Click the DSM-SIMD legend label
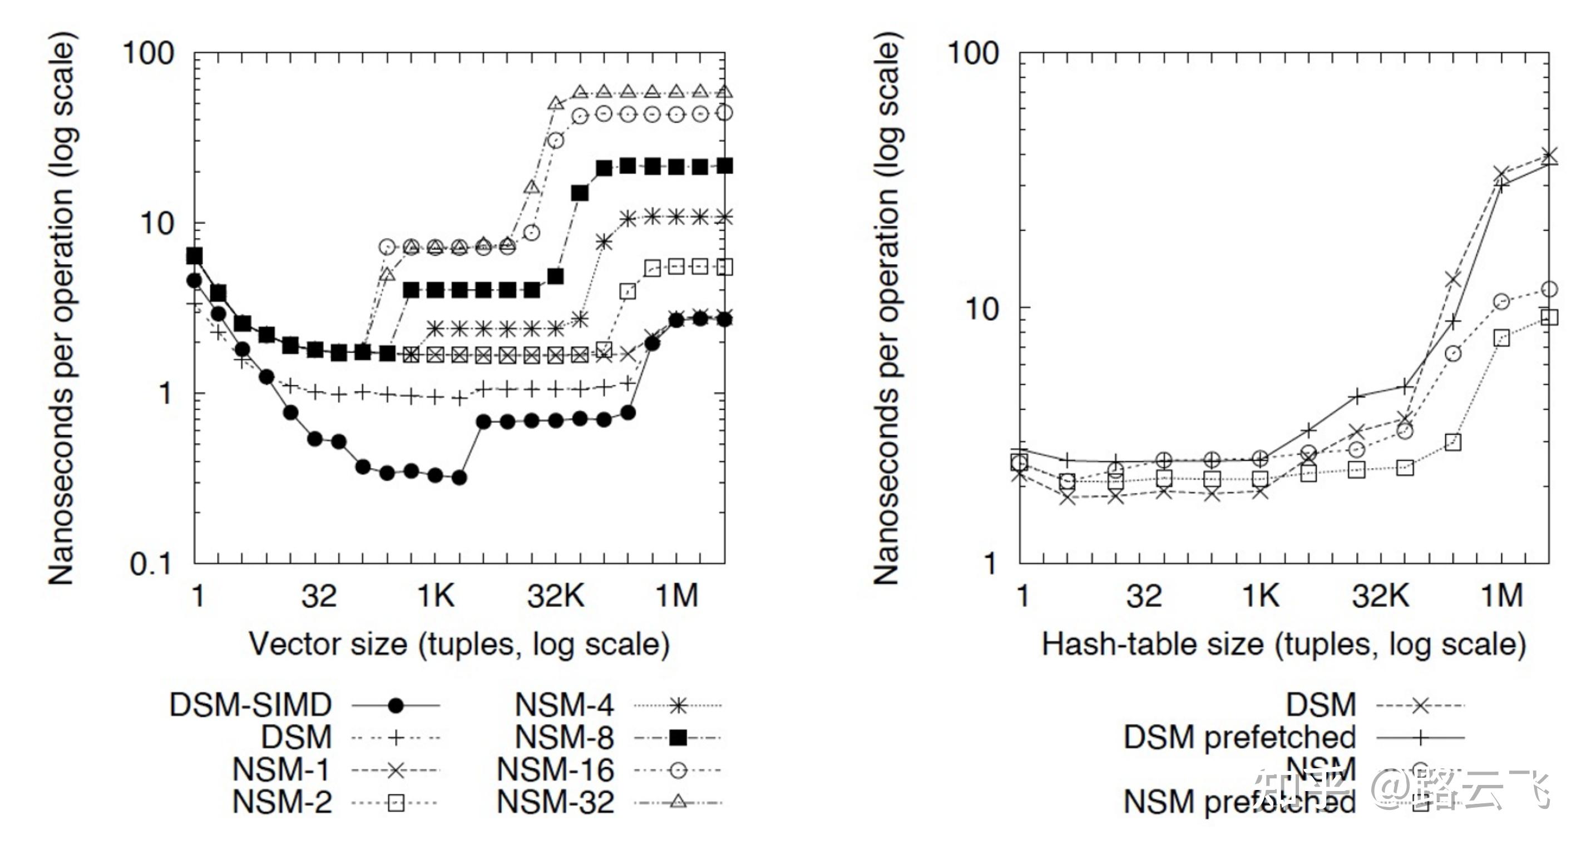[x=250, y=705]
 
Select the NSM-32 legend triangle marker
[x=678, y=802]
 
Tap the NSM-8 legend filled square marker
[x=678, y=737]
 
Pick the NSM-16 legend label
[x=555, y=770]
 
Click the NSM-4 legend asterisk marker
[x=678, y=705]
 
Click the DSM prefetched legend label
[x=1239, y=737]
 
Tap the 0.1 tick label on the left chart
[x=151, y=564]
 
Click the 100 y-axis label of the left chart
[x=148, y=53]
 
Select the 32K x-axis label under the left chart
[x=555, y=596]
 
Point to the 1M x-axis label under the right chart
[x=1501, y=596]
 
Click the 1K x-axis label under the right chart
[x=1260, y=596]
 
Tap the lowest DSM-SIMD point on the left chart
[x=459, y=477]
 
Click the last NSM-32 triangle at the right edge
[x=724, y=92]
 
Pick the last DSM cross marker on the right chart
[x=1549, y=155]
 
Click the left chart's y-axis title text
[x=62, y=309]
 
